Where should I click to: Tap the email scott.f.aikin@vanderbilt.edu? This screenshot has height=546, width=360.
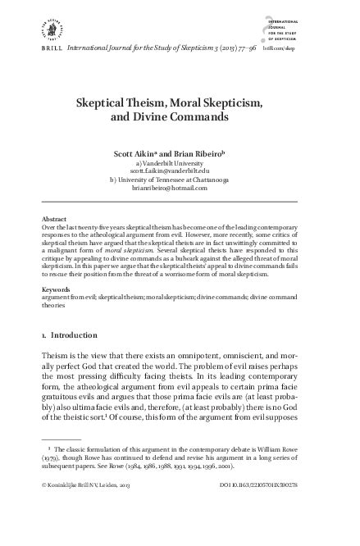click(179, 171)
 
